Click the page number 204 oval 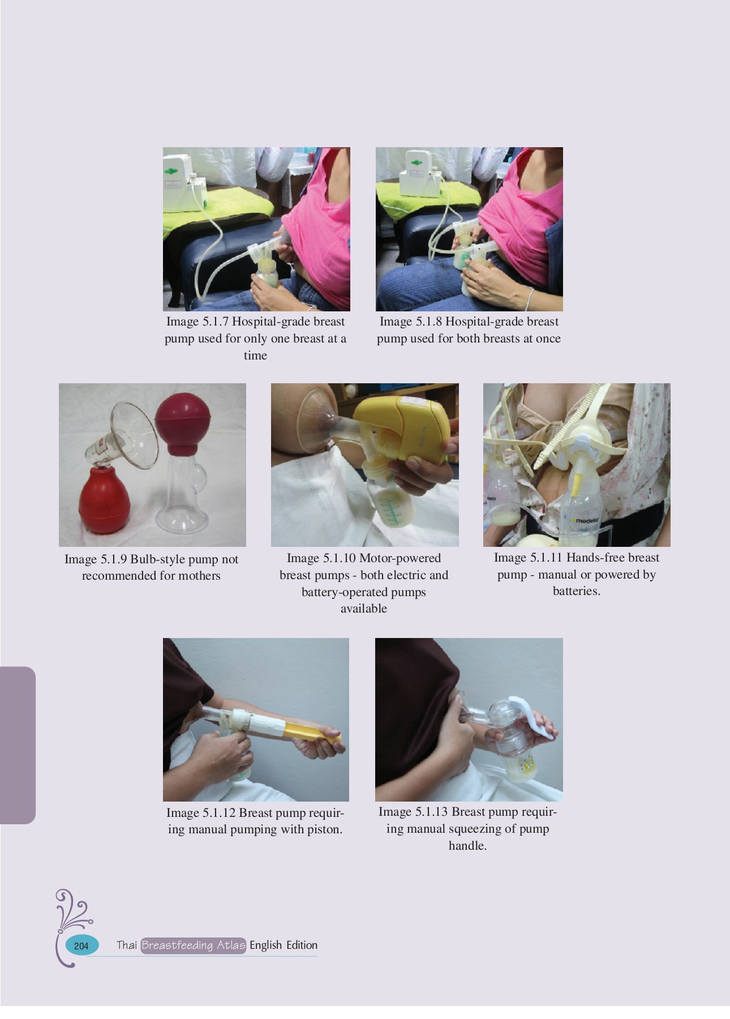coord(81,945)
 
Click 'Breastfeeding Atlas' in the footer coord(193,945)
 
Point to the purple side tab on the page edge coord(17,744)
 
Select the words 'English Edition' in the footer coord(283,945)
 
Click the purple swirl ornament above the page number coord(72,911)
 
